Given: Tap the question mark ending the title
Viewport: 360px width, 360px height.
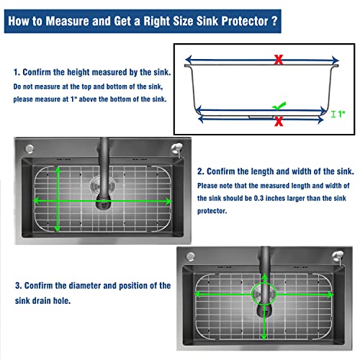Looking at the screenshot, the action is (274, 21).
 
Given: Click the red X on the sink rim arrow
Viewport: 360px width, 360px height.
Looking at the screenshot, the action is (279, 60).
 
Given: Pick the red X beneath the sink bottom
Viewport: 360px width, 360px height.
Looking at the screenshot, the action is (279, 122).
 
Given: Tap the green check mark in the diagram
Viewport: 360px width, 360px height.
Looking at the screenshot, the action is (279, 106).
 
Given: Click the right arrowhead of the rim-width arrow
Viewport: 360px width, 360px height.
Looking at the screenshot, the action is (336, 60).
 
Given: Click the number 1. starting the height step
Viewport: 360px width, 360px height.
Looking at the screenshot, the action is (17, 72).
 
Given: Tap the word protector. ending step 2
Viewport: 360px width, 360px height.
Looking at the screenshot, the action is (212, 211).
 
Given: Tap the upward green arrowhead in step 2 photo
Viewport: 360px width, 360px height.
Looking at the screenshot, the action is (58, 170).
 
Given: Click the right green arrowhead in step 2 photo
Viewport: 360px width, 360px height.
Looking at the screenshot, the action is (168, 201).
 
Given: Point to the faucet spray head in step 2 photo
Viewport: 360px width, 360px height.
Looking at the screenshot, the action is (104, 202).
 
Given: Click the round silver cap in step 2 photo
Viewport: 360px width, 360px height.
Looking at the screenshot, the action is (30, 149).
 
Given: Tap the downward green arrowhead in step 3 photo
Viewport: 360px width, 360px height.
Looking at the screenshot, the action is (264, 336).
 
